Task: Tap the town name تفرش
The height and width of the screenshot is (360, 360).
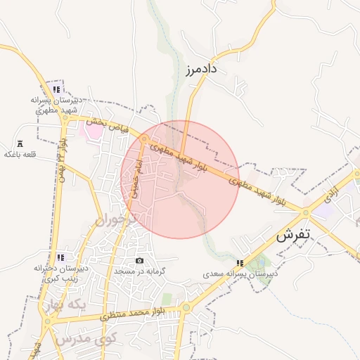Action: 293,236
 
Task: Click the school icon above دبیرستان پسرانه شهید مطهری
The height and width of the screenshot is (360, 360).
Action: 56,89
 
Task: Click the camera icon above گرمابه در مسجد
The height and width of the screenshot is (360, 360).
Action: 139,261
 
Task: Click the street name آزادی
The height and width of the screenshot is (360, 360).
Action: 333,191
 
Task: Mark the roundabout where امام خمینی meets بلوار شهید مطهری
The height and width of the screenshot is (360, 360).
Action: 144,139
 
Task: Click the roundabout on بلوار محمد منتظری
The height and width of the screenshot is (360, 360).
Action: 186,307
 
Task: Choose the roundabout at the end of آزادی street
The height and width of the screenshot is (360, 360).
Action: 306,212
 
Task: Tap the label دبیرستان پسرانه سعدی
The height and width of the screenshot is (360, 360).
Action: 241,274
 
